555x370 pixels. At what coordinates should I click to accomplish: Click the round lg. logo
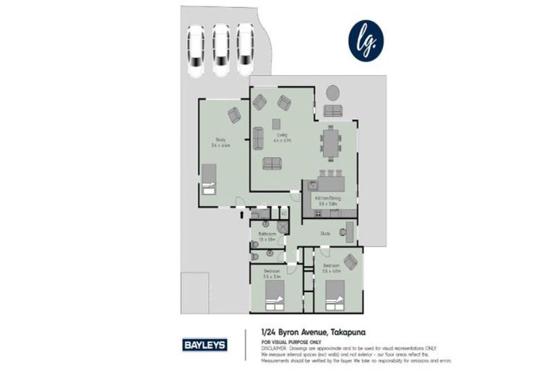pos(366,40)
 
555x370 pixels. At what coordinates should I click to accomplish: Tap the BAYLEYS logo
pos(205,344)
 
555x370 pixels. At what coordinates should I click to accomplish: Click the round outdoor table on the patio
pos(332,92)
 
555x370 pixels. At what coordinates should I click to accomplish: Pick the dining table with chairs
pos(330,143)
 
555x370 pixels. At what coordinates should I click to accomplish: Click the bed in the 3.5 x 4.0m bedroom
pos(334,295)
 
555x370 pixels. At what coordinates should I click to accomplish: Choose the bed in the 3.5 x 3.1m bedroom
pos(275,295)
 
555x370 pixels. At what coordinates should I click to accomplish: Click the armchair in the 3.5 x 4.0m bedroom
pos(350,262)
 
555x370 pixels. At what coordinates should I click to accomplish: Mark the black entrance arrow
pos(242,212)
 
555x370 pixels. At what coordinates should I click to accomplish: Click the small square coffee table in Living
pos(276,124)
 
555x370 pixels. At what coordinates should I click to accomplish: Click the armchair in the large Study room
pos(233,114)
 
